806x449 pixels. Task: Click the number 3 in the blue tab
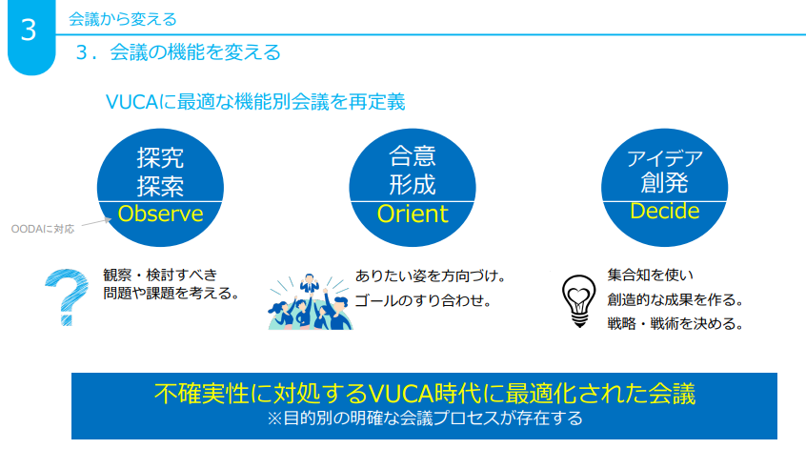[x=29, y=30]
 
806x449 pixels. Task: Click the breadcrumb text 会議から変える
[x=122, y=20]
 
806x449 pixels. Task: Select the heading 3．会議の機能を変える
[x=178, y=52]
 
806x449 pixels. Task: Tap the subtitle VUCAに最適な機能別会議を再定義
[x=255, y=102]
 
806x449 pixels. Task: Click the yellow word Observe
[x=160, y=214]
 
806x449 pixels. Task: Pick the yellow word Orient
[x=413, y=214]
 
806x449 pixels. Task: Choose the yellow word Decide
[x=665, y=211]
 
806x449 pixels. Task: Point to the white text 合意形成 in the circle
[x=413, y=170]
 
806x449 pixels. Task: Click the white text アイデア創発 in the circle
[x=665, y=172]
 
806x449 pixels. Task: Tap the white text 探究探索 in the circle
[x=160, y=172]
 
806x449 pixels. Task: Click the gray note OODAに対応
[x=43, y=229]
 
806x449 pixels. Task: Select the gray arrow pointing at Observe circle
[x=96, y=222]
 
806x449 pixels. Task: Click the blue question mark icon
[x=67, y=296]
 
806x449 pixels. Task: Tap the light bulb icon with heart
[x=579, y=301]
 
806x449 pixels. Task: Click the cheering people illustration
[x=310, y=302]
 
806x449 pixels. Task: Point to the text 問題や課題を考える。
[x=171, y=294]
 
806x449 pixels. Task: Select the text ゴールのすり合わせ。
[x=424, y=300]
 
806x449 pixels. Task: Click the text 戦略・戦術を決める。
[x=675, y=323]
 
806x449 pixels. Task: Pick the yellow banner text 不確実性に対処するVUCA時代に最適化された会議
[x=424, y=394]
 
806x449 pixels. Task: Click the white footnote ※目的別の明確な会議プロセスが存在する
[x=425, y=418]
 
